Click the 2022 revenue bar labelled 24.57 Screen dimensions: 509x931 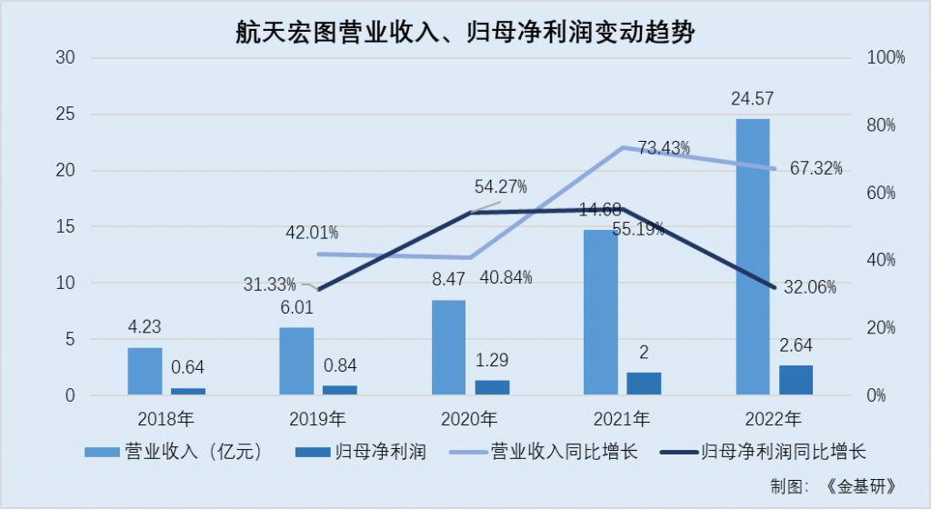753,257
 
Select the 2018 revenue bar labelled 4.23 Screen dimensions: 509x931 145,372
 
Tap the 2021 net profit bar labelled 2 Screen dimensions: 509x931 644,384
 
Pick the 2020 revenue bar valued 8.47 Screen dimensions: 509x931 448,348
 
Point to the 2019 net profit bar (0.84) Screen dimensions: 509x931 340,391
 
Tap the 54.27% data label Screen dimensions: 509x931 500,187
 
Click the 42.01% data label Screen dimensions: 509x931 312,233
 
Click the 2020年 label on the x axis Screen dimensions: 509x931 469,420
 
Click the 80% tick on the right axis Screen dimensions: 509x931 879,125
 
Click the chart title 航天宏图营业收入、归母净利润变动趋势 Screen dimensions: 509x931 465,33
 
